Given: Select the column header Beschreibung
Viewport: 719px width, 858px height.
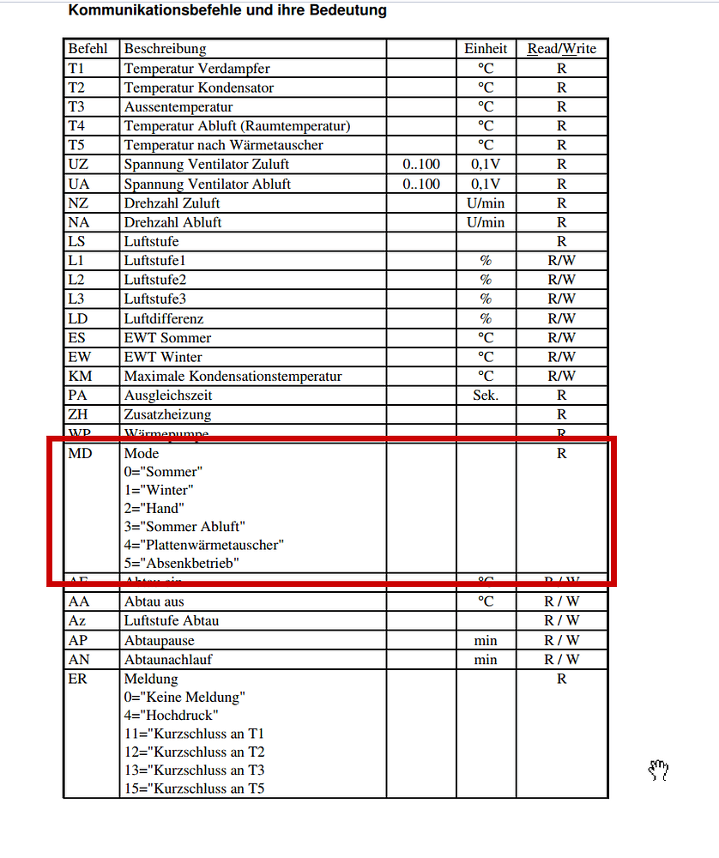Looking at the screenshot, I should (x=165, y=49).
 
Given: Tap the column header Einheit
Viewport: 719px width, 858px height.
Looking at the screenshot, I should (x=486, y=49).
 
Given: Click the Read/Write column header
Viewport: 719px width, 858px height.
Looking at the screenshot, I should (x=561, y=49).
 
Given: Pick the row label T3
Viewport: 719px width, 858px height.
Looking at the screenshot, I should (x=77, y=106).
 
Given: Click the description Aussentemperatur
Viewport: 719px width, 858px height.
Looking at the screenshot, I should (x=178, y=106).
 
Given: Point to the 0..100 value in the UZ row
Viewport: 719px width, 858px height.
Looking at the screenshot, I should (x=420, y=164).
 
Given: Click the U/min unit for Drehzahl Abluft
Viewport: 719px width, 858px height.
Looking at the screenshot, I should (x=486, y=222).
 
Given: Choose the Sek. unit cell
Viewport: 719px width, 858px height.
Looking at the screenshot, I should (x=486, y=396).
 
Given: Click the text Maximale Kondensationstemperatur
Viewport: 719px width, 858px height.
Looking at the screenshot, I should (x=233, y=376).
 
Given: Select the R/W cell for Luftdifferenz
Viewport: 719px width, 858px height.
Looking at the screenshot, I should (x=561, y=318).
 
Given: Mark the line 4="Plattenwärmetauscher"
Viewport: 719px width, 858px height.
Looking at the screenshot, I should (x=203, y=545).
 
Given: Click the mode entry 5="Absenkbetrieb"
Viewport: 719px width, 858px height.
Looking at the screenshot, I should (x=181, y=564).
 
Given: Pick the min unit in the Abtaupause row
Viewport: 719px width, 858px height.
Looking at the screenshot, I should (x=486, y=640).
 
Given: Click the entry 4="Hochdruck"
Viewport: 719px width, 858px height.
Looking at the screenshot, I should (x=171, y=715).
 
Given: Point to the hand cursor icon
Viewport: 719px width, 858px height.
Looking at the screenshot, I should (x=658, y=770).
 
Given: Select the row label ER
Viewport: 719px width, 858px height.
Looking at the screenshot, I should (x=78, y=679).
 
